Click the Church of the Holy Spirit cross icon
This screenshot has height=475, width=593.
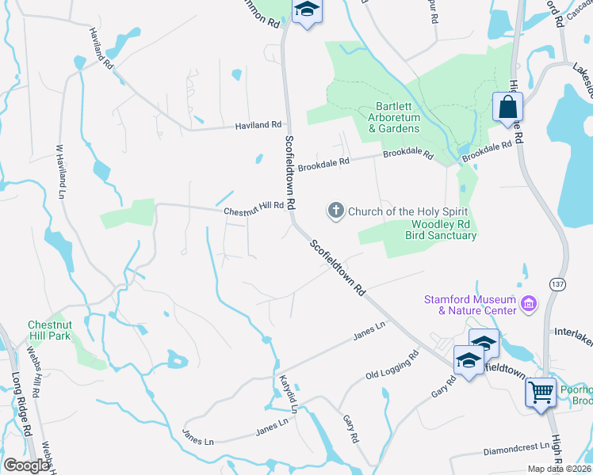(x=335, y=211)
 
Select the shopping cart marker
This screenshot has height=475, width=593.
(x=541, y=391)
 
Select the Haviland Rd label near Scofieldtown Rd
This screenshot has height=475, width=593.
(x=258, y=125)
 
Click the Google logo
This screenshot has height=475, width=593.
(x=27, y=465)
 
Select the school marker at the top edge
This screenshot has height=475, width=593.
(x=306, y=10)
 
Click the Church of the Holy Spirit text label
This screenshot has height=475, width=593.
(x=408, y=211)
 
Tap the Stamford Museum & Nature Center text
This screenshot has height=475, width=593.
(x=470, y=304)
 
